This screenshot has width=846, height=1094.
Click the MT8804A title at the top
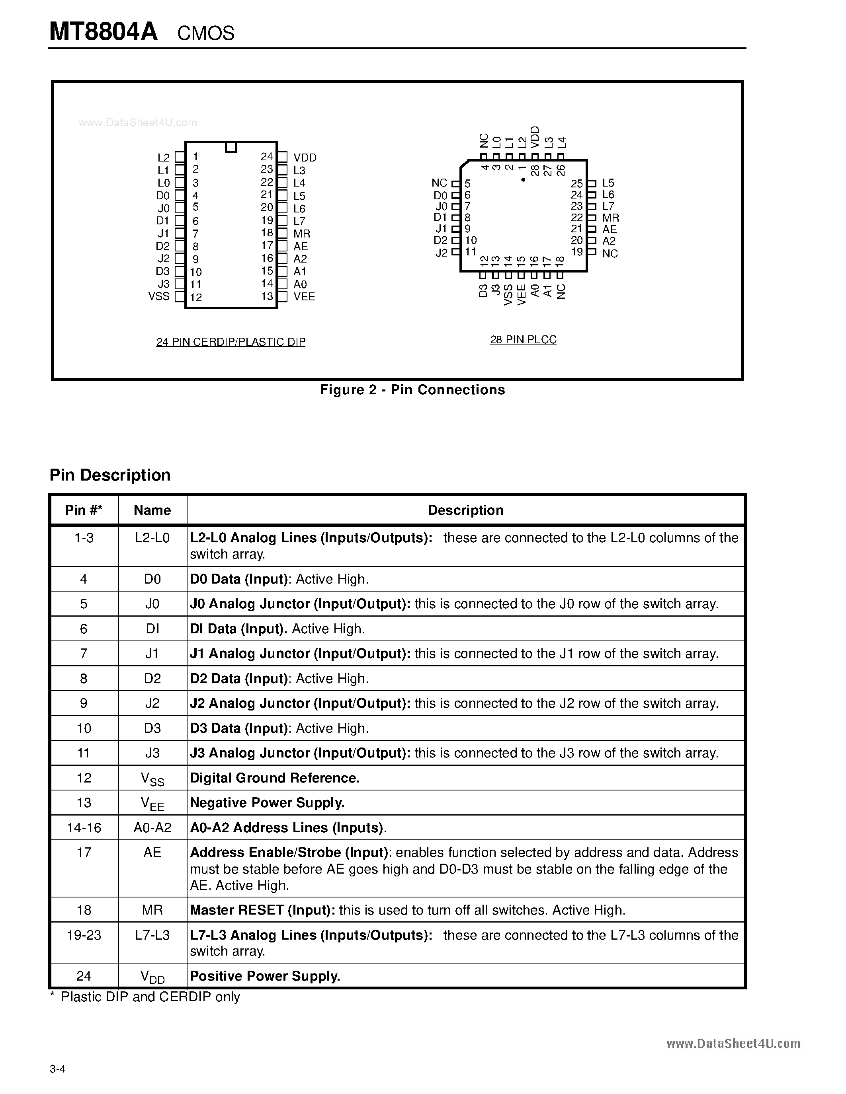103,32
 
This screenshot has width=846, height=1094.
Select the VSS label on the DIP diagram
159,296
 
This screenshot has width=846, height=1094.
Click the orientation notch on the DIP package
231,147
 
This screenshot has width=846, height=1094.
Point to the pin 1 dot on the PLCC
523,180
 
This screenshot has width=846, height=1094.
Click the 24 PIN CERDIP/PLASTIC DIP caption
231,342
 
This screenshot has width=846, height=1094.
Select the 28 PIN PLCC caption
523,340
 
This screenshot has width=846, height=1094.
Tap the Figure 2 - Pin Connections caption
412,390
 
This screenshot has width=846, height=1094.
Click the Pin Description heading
110,475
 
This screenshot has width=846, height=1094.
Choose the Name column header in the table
152,510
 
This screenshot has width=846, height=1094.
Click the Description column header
466,510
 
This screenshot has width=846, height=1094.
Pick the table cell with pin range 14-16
84,827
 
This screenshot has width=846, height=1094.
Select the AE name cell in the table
152,852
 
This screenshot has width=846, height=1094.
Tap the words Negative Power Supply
267,802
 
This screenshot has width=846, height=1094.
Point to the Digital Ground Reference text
275,778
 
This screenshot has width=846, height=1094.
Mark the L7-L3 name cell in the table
152,935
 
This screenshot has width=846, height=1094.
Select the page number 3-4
58,1069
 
